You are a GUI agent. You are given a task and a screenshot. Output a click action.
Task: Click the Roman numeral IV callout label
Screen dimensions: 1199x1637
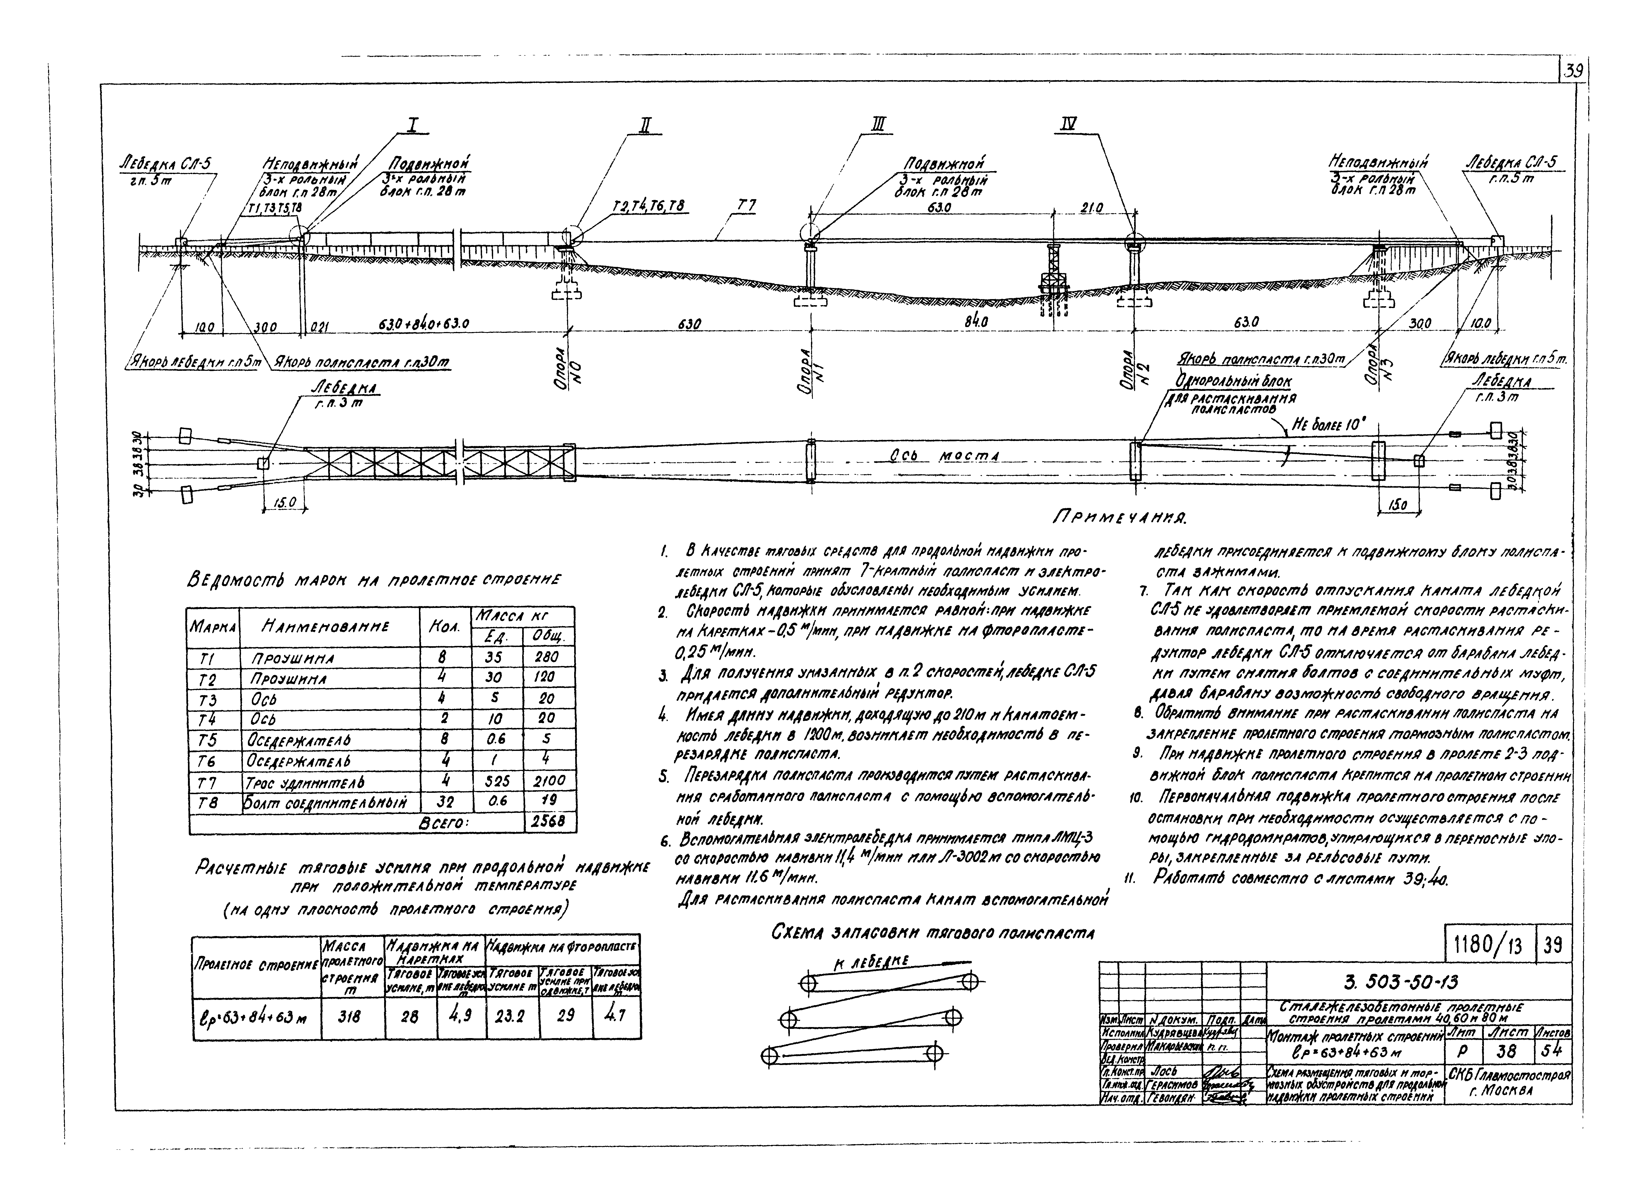coord(1068,125)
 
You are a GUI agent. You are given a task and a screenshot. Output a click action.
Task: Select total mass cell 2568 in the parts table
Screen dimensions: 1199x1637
coord(549,822)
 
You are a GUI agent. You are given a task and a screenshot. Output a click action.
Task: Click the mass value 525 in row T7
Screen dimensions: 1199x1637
coord(498,781)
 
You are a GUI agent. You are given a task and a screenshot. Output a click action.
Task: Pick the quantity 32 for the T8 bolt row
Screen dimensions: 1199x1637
coord(445,801)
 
